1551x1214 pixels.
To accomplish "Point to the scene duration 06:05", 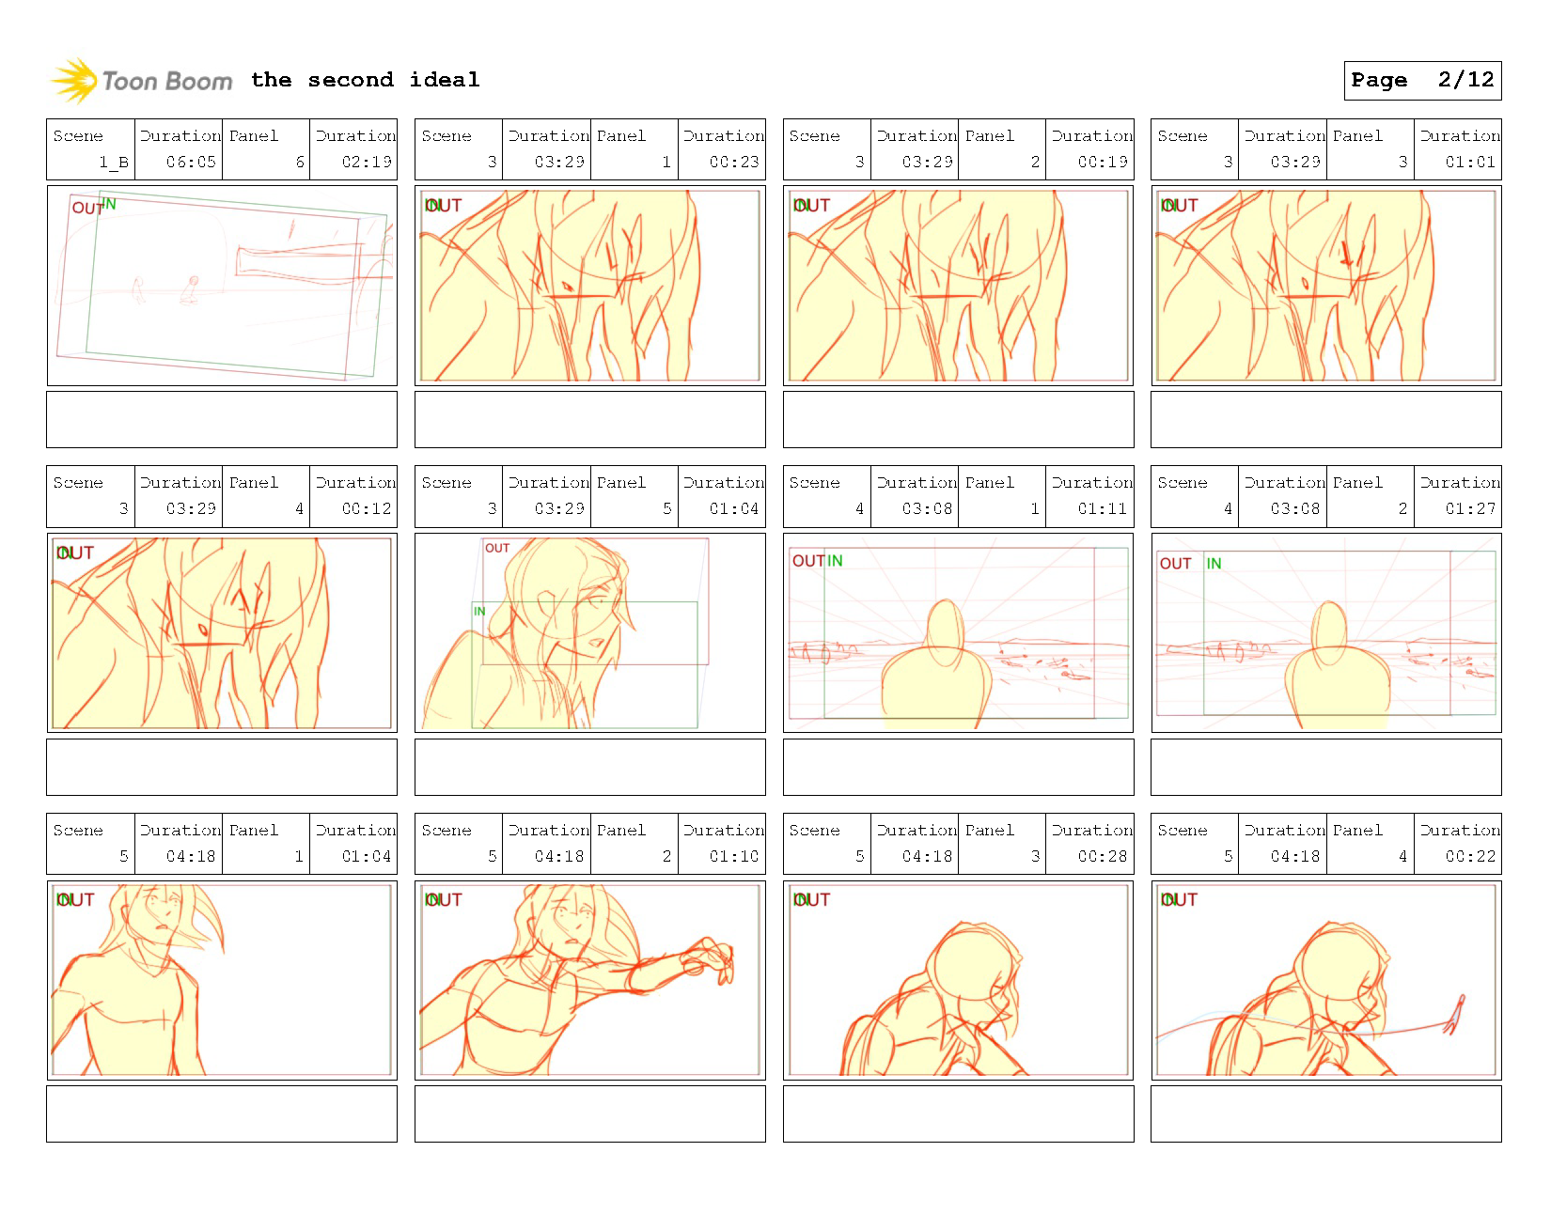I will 191,162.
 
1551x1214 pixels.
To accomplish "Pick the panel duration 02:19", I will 367,162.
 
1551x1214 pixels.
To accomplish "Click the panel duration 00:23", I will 734,162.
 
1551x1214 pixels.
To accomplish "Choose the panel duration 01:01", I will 1470,162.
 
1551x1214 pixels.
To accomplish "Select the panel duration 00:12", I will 367,508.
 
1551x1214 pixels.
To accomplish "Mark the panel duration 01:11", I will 1102,508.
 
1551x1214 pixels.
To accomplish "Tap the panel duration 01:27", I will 1470,508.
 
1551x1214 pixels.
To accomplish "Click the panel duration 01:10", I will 734,856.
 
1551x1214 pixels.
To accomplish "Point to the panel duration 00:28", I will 1102,856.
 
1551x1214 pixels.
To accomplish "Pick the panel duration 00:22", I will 1470,856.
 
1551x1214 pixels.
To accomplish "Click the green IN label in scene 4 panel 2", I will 1214,564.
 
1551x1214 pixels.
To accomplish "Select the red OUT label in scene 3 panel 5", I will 497,548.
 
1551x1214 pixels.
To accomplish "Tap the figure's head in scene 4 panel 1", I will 946,625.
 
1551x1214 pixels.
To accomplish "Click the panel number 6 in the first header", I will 300,162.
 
